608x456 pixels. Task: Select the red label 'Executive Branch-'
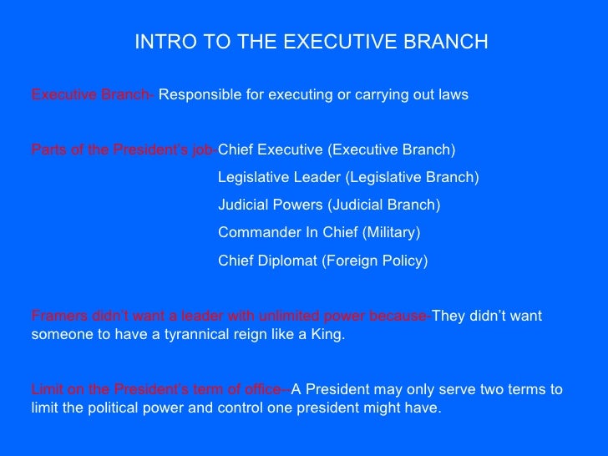pyautogui.click(x=93, y=95)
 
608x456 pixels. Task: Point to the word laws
pyautogui.click(x=452, y=95)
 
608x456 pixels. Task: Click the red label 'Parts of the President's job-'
pyautogui.click(x=124, y=150)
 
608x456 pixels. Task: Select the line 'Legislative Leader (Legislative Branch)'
pyautogui.click(x=348, y=178)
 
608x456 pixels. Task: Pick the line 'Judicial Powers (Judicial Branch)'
pyautogui.click(x=328, y=205)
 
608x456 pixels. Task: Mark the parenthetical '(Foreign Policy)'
pyautogui.click(x=374, y=261)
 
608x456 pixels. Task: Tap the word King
pyautogui.click(x=327, y=335)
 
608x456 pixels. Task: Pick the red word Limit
pyautogui.click(x=46, y=390)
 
